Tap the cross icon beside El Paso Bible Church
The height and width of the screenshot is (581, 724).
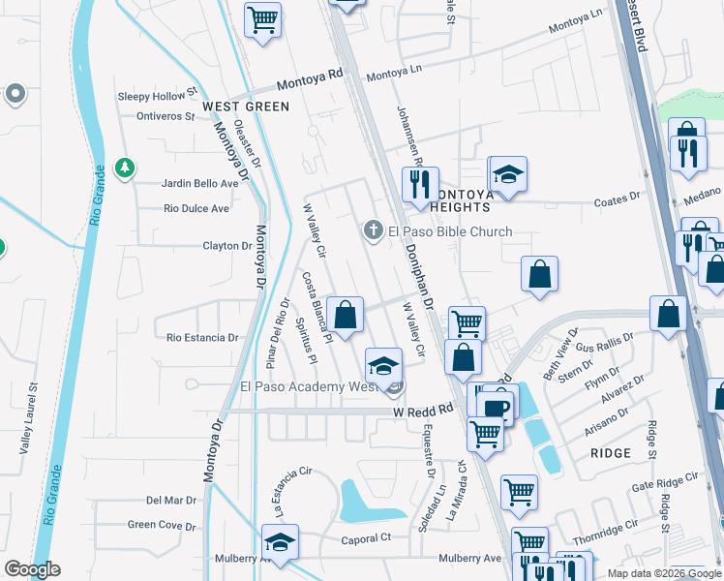point(372,230)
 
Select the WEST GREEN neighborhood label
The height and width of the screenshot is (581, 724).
point(246,107)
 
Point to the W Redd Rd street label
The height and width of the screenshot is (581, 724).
point(423,412)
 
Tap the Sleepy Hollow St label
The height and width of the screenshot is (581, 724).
point(157,96)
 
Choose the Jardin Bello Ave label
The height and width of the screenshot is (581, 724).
point(200,183)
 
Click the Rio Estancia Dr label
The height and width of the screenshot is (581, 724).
point(202,338)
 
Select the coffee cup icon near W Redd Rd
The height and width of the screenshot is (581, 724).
point(496,407)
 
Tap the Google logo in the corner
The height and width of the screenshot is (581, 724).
point(32,568)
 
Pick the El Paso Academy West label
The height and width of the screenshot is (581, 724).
point(301,387)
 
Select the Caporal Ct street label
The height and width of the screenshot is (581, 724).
point(364,538)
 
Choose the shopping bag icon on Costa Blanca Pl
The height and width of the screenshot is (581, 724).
point(345,314)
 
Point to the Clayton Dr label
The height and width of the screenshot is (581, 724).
point(227,246)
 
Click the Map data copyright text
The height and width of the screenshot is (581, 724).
point(664,573)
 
